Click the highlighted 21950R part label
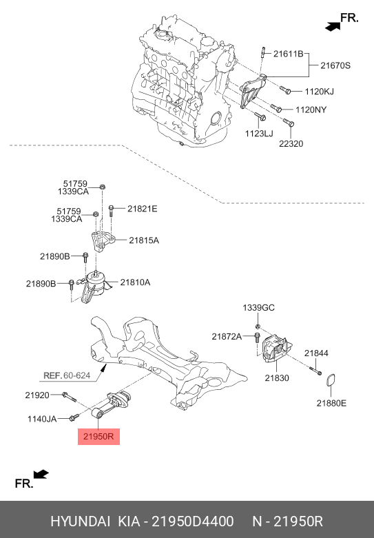click(98, 437)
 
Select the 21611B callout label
click(288, 54)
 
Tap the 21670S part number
click(335, 65)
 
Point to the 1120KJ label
click(319, 91)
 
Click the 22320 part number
click(291, 143)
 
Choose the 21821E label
click(143, 209)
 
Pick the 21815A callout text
click(144, 240)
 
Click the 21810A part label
click(135, 282)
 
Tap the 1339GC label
click(259, 307)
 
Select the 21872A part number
click(227, 337)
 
